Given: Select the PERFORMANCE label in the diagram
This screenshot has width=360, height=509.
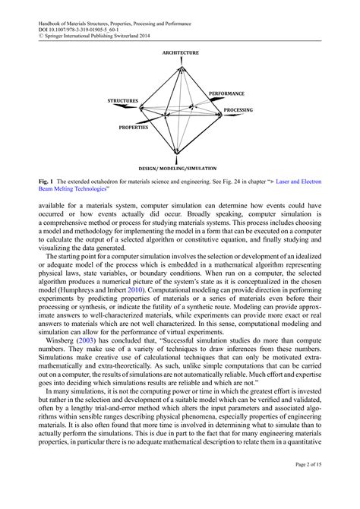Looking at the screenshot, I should tap(226, 93).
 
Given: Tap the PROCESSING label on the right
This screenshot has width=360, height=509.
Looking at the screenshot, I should tap(238, 110).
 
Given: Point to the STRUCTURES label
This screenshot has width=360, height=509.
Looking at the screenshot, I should tap(123, 100).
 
